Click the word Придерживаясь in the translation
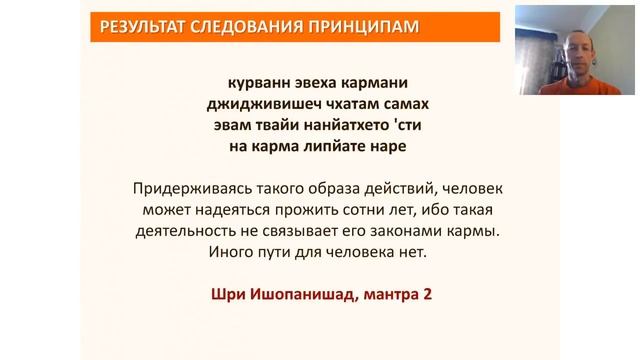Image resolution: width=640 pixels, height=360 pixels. point(191,187)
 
